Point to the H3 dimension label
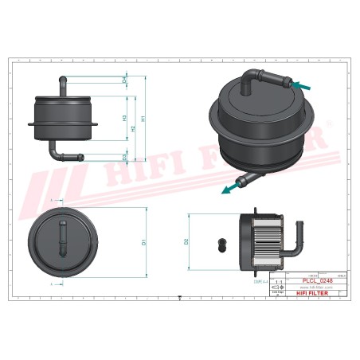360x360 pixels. pyautogui.click(x=125, y=117)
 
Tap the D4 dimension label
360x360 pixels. pyautogui.click(x=125, y=80)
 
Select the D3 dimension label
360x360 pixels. pyautogui.click(x=125, y=156)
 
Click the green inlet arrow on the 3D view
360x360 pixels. pyautogui.click(x=301, y=84)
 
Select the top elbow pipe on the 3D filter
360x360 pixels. pyautogui.click(x=263, y=78)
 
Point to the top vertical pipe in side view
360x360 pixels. pyautogui.click(x=63, y=84)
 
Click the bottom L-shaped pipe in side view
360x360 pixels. pyautogui.click(x=61, y=152)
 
